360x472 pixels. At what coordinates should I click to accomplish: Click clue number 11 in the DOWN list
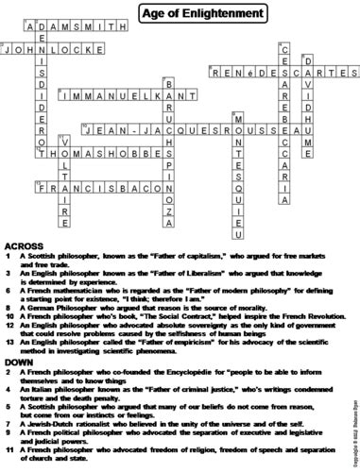(x=8, y=457)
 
